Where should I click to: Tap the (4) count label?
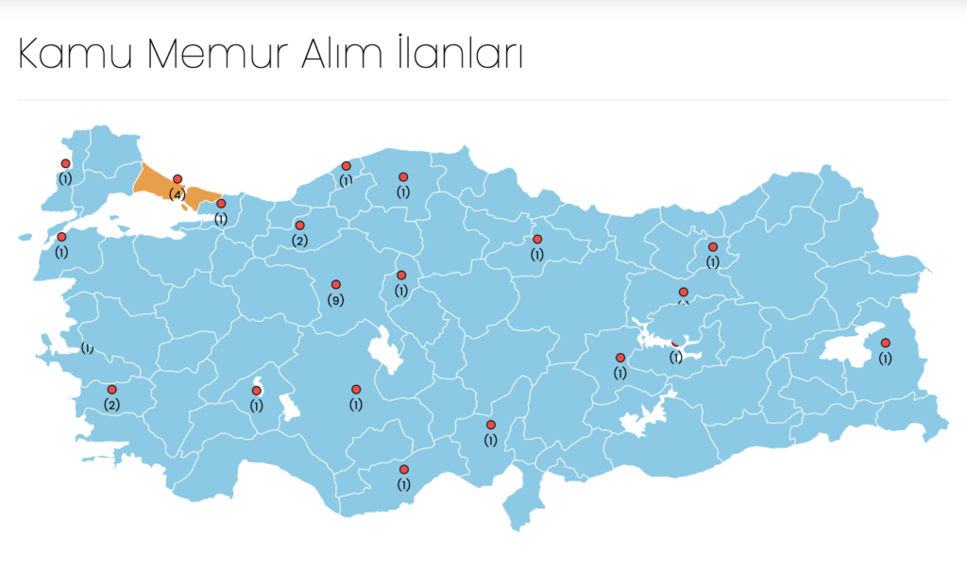(177, 193)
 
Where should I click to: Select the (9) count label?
(335, 299)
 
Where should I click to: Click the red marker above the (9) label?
(335, 284)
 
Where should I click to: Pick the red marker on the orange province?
(177, 178)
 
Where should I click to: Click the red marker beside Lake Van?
(885, 343)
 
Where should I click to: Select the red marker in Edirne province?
(65, 163)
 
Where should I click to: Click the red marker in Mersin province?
(404, 469)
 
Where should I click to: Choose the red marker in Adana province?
(491, 425)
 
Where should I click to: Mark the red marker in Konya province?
(356, 389)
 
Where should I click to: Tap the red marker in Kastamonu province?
(403, 176)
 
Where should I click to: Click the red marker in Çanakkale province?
(61, 237)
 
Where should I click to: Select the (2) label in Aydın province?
(111, 405)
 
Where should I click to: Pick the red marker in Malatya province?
(620, 358)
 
